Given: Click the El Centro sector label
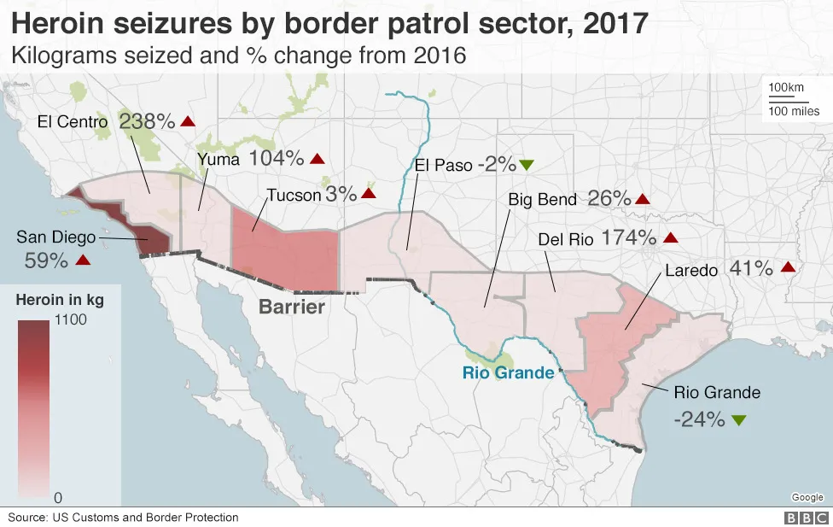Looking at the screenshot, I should tap(73, 122).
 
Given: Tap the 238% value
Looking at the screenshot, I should tap(145, 120).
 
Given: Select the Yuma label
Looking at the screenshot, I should tap(218, 158).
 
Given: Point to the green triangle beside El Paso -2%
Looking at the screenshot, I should tap(527, 164).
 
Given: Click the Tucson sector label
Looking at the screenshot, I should tap(294, 195).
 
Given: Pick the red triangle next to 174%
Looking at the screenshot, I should tap(671, 238).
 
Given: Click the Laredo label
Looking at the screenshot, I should tap(692, 271).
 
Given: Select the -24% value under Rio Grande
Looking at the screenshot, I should tap(699, 419).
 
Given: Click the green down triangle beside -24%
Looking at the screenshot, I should tap(739, 419).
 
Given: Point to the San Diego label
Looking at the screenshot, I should tap(55, 237).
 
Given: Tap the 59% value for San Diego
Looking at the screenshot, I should tap(47, 261).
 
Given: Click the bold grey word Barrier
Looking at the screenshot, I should tap(293, 307).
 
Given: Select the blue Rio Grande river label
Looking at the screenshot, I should tap(508, 372).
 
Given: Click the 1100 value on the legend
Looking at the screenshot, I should tap(70, 319).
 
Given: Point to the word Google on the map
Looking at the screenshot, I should tap(807, 497).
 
